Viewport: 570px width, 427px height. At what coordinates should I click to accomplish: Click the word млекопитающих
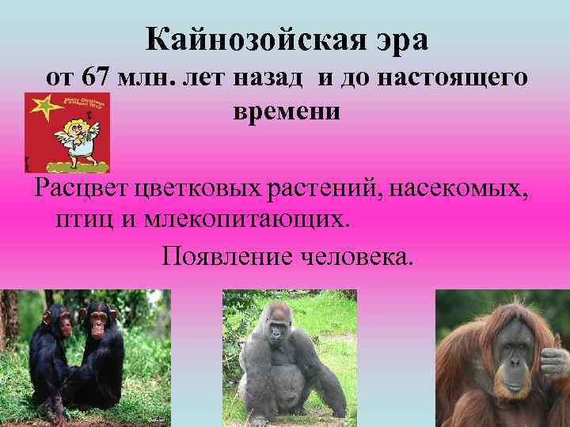pyautogui.click(x=246, y=218)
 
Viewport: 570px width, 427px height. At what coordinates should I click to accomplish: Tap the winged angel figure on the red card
pyautogui.click(x=78, y=131)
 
